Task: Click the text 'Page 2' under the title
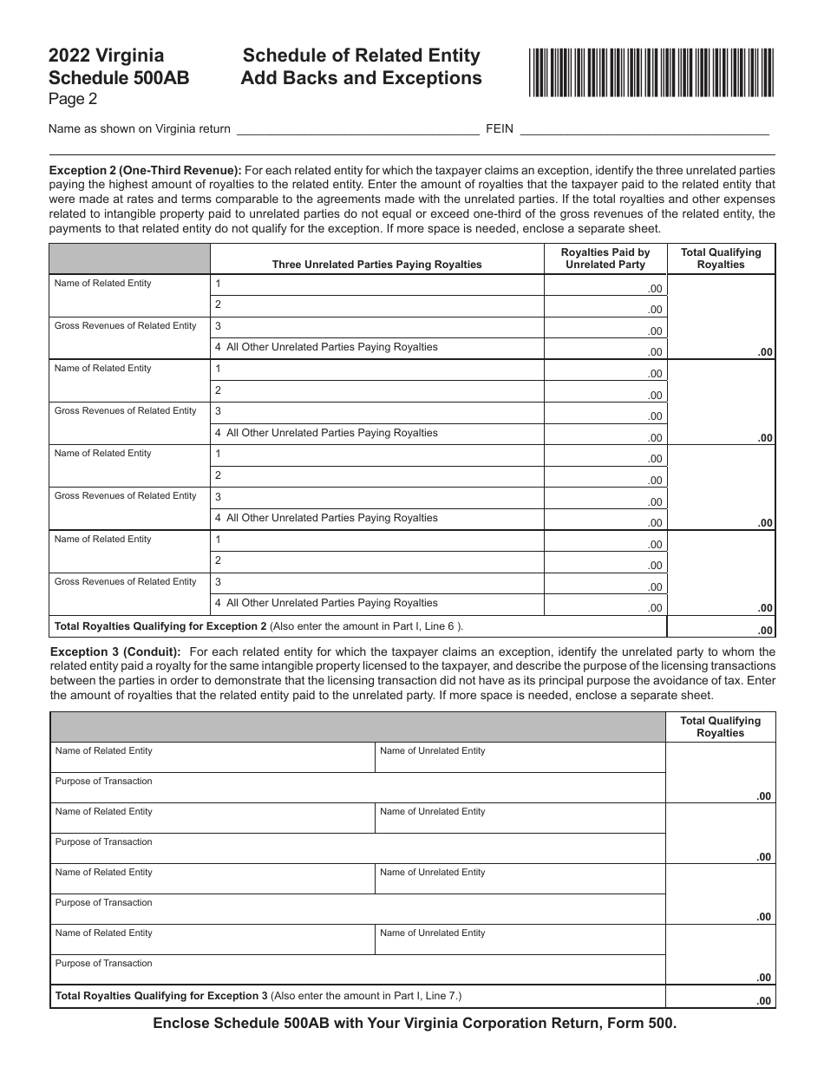point(73,99)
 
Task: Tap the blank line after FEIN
point(643,129)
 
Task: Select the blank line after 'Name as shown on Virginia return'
point(357,129)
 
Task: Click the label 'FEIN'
point(500,129)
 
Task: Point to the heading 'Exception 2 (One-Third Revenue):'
point(146,171)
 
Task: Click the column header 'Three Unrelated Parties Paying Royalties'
point(376,265)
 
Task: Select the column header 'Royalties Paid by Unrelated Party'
point(605,259)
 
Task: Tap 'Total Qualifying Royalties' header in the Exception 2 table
point(721,259)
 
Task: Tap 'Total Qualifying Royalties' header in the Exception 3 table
point(721,727)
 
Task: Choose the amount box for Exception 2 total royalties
point(721,627)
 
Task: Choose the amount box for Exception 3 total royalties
point(721,997)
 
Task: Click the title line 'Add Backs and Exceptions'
point(361,78)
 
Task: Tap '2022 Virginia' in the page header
point(106,56)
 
